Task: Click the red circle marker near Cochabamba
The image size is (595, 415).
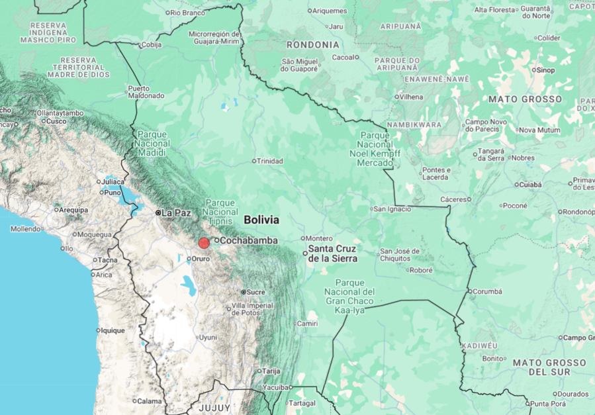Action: pyautogui.click(x=204, y=243)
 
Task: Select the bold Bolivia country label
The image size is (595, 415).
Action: pyautogui.click(x=261, y=220)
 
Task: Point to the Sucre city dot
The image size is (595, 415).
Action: pyautogui.click(x=244, y=292)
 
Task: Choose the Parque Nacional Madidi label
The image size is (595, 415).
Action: pyautogui.click(x=153, y=144)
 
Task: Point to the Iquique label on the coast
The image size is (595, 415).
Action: pyautogui.click(x=112, y=330)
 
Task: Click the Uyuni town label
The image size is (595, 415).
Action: pyautogui.click(x=208, y=337)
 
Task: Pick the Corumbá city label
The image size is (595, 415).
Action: pyautogui.click(x=488, y=291)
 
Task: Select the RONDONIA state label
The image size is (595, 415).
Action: pyautogui.click(x=312, y=45)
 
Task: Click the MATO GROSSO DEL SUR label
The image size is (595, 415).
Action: pyautogui.click(x=549, y=367)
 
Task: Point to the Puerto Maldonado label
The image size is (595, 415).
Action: pyautogui.click(x=146, y=92)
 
